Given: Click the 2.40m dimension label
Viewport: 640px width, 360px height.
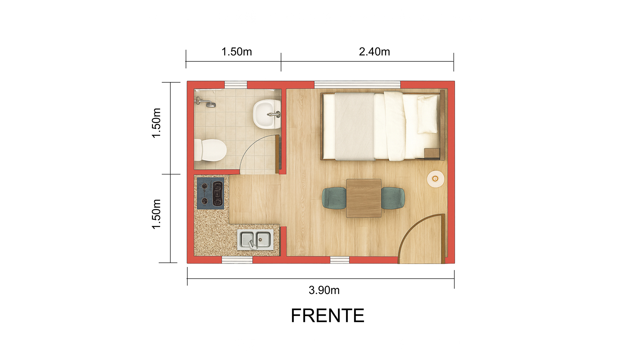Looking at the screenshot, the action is click(x=374, y=52).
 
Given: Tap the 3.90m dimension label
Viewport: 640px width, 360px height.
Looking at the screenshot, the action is click(x=324, y=290).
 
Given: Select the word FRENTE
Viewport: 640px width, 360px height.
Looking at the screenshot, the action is click(x=328, y=315).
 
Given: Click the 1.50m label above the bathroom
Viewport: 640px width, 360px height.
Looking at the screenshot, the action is click(x=237, y=52).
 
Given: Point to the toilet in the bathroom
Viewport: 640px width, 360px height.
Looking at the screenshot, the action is click(x=210, y=150).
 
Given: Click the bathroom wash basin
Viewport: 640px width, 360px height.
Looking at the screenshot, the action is click(x=267, y=114).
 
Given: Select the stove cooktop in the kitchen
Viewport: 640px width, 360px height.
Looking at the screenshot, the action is click(x=210, y=193).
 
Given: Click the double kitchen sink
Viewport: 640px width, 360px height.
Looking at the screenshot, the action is click(x=255, y=239).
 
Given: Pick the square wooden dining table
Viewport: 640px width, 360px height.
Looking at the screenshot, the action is click(x=364, y=198).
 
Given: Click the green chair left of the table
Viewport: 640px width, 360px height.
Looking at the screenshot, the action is click(x=334, y=198).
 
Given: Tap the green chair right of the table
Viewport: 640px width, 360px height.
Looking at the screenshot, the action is click(x=393, y=198).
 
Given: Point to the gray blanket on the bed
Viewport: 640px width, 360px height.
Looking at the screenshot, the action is click(x=355, y=126).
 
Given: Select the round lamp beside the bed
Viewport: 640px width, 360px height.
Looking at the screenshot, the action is click(x=435, y=179).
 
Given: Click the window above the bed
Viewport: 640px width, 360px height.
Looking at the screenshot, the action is click(x=357, y=85).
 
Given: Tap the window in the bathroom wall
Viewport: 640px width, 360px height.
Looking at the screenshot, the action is click(x=236, y=85).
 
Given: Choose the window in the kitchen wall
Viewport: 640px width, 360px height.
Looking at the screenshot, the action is click(x=237, y=260).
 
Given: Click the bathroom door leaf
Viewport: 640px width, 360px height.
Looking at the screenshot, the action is click(x=277, y=154).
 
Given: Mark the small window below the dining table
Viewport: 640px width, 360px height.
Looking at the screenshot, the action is click(x=340, y=260).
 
